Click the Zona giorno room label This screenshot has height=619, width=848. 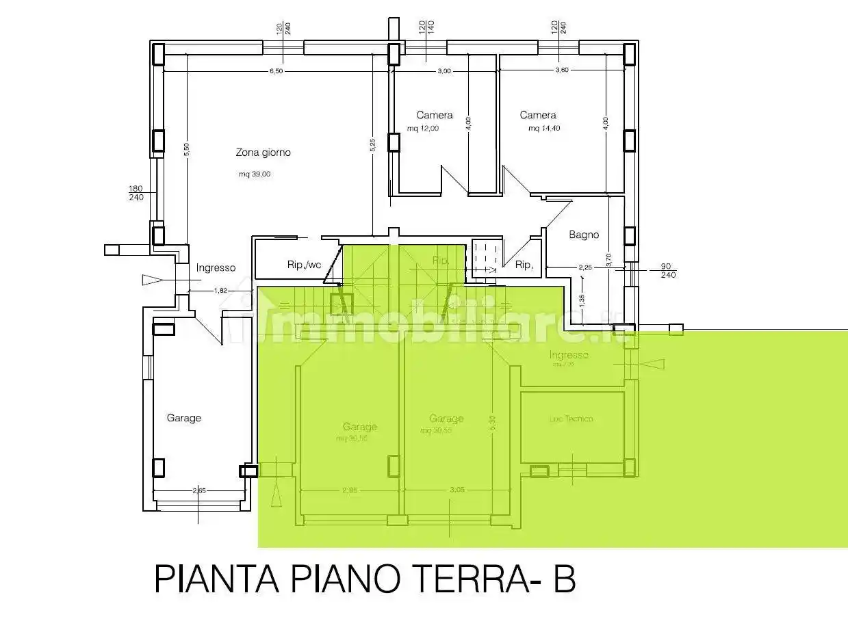point(263,153)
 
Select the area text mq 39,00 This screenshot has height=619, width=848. point(255,174)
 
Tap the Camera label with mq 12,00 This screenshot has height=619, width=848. point(434,115)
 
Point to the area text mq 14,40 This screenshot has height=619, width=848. point(544,129)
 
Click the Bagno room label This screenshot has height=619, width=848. point(584,235)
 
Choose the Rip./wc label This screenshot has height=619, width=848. point(304,265)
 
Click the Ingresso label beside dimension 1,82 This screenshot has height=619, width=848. point(216,268)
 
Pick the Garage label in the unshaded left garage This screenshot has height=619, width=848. point(183,418)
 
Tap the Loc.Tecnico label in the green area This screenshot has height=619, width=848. point(571,419)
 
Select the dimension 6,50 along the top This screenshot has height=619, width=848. point(276,71)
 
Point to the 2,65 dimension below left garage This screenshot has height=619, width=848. point(199,490)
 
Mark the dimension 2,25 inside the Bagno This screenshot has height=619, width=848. point(585,267)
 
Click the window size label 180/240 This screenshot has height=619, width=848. point(136,193)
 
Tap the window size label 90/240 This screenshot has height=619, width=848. point(668,271)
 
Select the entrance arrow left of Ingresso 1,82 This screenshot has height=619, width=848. point(151,279)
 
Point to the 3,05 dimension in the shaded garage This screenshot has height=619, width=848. point(457,490)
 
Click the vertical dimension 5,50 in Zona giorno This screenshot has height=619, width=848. point(186,150)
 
